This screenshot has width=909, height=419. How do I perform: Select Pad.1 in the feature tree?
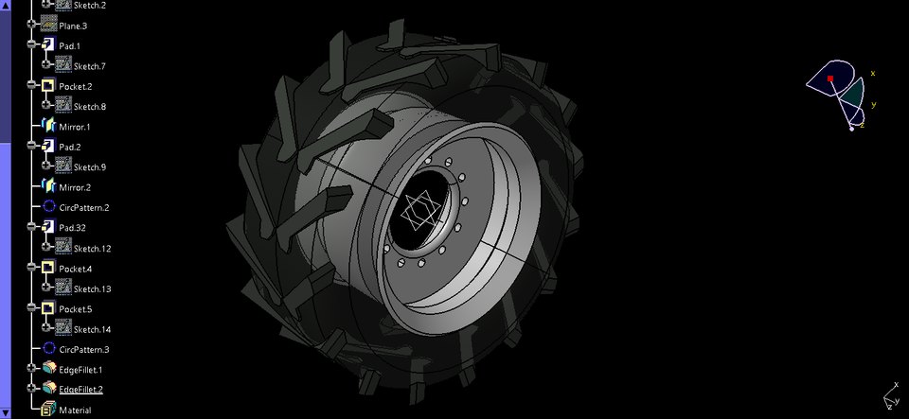[70, 45]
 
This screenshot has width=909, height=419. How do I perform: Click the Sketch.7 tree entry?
[89, 66]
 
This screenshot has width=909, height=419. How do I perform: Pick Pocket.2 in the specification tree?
[76, 86]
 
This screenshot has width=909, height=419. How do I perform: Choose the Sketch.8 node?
[89, 107]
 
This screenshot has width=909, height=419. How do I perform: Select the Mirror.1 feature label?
[75, 127]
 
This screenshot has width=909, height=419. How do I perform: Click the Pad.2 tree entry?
[70, 147]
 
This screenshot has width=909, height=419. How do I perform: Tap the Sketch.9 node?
[89, 167]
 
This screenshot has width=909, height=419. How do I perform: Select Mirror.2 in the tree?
[75, 187]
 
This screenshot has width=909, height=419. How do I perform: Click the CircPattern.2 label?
[84, 207]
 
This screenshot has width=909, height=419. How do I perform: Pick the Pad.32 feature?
[72, 228]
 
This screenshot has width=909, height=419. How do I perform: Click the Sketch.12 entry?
[92, 249]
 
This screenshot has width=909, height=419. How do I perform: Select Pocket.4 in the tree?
[76, 269]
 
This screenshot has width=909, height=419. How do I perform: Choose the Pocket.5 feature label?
[76, 309]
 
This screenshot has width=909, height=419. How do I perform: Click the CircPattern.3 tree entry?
[84, 349]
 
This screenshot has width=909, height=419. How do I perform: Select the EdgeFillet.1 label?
[80, 370]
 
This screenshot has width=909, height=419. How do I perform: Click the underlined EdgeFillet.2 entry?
[80, 390]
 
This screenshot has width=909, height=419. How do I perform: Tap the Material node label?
[75, 410]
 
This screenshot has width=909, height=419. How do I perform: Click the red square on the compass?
[830, 79]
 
